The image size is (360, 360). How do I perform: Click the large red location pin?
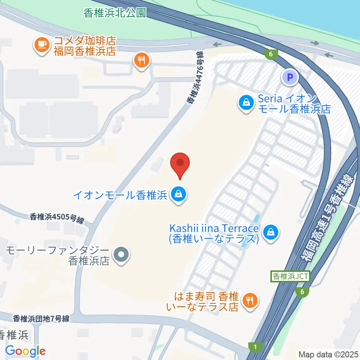[180, 165]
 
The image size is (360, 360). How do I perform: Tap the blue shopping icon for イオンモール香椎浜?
[178, 195]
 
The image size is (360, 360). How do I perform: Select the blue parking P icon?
[289, 78]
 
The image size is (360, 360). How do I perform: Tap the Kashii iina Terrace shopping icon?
[270, 232]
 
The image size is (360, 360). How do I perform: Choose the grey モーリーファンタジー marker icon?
[121, 255]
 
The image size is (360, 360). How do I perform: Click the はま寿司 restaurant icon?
[249, 300]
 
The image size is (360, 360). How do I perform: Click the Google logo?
[25, 351]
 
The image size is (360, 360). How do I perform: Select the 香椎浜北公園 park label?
[114, 13]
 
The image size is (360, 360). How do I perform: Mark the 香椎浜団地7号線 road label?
[41, 319]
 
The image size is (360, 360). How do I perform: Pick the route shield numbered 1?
[256, 348]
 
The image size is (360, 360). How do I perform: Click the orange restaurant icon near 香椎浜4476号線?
[141, 60]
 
